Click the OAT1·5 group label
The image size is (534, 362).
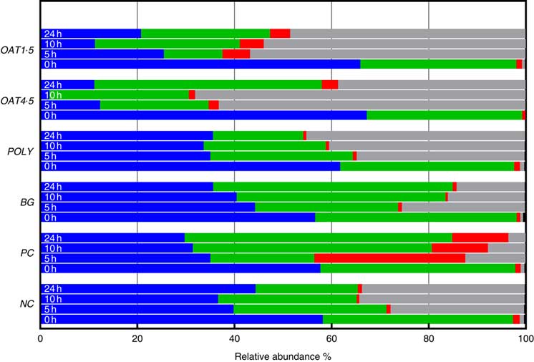[19, 49]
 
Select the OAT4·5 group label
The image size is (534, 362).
[19, 99]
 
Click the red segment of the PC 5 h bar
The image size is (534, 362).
[389, 258]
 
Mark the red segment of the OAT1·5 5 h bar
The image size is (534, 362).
[236, 54]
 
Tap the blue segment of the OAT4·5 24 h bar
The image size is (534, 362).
[67, 84]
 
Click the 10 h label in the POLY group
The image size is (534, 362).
[52, 146]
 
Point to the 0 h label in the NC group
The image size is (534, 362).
[51, 320]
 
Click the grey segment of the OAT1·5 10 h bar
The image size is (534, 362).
[394, 44]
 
